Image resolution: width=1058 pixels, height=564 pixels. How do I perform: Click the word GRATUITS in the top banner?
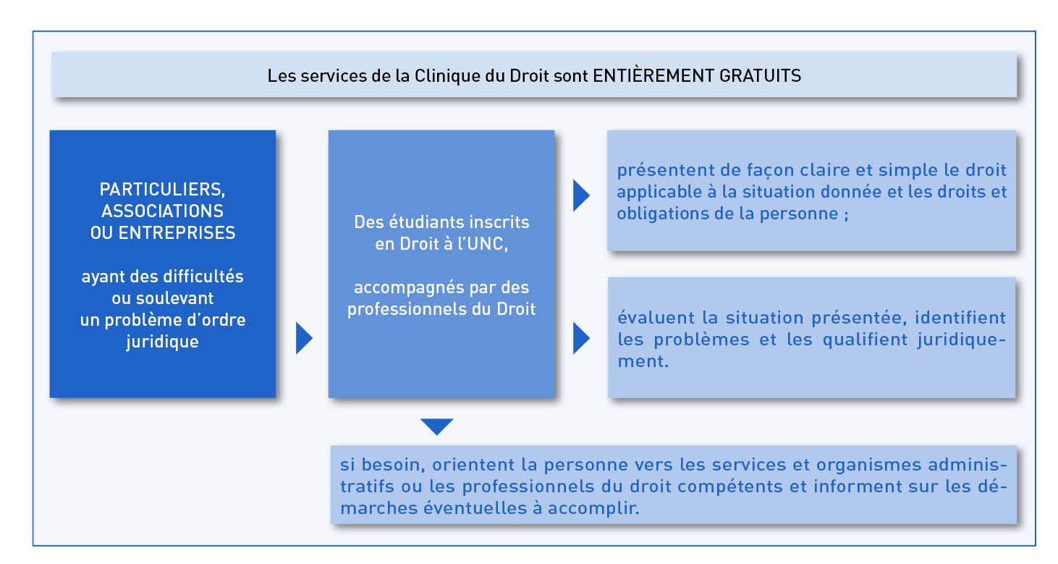point(760,75)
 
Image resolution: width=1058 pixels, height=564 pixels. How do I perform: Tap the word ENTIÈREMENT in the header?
point(653,75)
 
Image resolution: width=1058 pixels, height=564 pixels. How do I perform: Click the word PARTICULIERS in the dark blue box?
point(161,190)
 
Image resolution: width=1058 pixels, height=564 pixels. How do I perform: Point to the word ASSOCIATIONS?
point(163,211)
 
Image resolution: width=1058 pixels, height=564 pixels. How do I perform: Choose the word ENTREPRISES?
point(177,232)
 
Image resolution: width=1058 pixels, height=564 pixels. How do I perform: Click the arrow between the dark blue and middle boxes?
point(304,338)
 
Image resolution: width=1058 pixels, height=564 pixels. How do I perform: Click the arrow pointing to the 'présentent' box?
point(581,195)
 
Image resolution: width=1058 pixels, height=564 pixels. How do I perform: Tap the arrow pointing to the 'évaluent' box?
point(581,338)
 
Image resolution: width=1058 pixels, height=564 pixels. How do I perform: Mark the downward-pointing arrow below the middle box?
point(437,426)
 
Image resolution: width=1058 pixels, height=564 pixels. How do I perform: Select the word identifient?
point(960,317)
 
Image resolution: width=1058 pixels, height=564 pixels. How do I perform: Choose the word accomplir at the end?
point(593,508)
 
